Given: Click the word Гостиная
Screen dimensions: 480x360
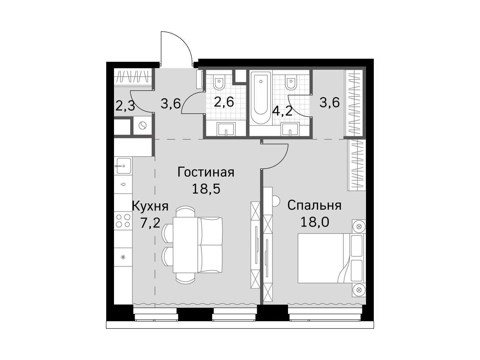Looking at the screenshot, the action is [x=206, y=172].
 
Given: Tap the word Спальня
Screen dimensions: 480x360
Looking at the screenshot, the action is [x=314, y=206].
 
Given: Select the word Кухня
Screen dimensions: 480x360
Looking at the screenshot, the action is [x=150, y=206].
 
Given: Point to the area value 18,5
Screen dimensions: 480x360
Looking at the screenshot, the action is [x=206, y=189].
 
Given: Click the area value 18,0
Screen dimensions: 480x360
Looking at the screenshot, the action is [x=315, y=222].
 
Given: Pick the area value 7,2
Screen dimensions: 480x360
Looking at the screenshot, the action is [x=150, y=223].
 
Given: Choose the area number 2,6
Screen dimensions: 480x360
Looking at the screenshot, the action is [x=224, y=102].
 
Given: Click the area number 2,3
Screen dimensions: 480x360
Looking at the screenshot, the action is [x=125, y=106].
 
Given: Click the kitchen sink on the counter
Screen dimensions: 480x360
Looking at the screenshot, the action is [x=123, y=166].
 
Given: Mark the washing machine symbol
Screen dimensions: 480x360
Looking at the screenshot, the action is [x=142, y=126].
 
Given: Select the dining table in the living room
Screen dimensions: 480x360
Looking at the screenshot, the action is [x=186, y=245].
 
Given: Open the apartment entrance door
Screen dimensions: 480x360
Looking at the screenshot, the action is [x=176, y=49].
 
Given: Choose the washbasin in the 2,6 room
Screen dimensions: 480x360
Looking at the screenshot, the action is [x=226, y=129].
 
